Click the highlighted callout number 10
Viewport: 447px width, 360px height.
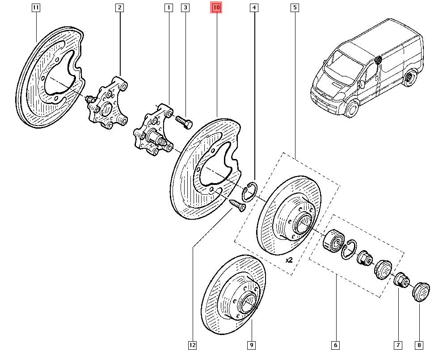click(x=216, y=8)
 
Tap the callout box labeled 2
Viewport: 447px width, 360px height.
click(x=119, y=8)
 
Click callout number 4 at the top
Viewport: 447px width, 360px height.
click(x=254, y=8)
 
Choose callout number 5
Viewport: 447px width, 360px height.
click(x=295, y=8)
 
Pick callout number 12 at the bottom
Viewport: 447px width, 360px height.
click(x=192, y=345)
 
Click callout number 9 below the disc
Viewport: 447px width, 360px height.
click(x=251, y=345)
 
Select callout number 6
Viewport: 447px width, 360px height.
click(x=336, y=345)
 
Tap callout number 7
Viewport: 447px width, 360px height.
click(x=397, y=345)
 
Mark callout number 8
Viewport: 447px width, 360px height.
click(x=419, y=345)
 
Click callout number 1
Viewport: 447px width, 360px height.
click(x=169, y=8)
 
